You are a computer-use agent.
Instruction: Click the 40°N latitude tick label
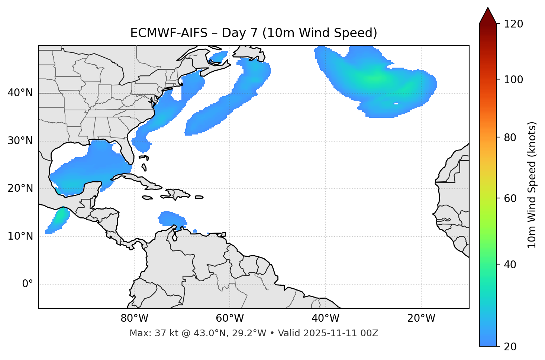[x=20, y=93]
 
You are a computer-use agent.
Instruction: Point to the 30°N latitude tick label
[x=20, y=141]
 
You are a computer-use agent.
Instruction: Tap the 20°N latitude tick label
[x=20, y=188]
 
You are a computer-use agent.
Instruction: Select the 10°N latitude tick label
[x=20, y=236]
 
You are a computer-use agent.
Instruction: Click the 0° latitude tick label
[x=28, y=284]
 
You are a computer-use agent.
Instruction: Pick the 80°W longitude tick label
[x=134, y=318]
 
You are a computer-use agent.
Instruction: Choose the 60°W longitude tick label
[x=230, y=318]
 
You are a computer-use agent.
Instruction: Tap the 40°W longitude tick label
[x=325, y=318]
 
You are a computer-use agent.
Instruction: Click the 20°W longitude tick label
[x=421, y=318]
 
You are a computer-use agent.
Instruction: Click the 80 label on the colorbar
[x=510, y=137]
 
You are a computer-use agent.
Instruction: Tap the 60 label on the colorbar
[x=510, y=198]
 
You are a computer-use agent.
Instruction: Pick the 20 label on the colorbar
[x=510, y=347]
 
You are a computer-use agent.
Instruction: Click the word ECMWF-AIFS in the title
[x=168, y=33]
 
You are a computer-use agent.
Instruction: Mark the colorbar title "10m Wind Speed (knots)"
[x=532, y=185]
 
